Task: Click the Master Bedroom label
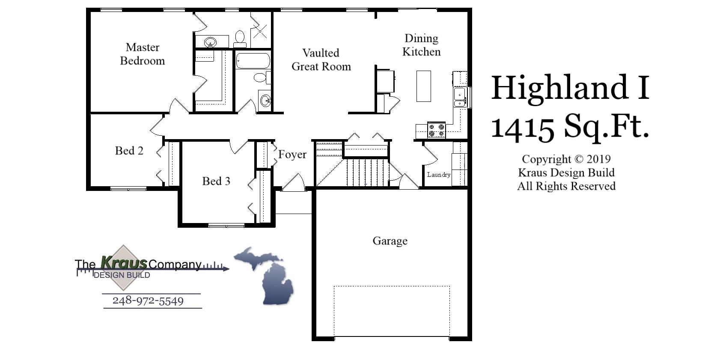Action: point(143,54)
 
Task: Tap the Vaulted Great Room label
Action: point(321,60)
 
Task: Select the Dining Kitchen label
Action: point(421,45)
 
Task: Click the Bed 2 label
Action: point(129,151)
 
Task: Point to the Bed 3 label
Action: point(216,181)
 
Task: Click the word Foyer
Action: point(292,155)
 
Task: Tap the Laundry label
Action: point(438,175)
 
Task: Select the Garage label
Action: point(390,241)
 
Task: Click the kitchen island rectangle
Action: point(423,86)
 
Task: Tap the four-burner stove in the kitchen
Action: point(436,130)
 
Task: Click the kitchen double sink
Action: point(460,97)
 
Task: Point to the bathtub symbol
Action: point(253,61)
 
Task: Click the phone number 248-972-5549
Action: point(148,300)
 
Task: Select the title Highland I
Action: point(570,88)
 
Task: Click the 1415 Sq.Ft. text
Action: point(570,126)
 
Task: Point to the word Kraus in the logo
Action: point(124,262)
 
